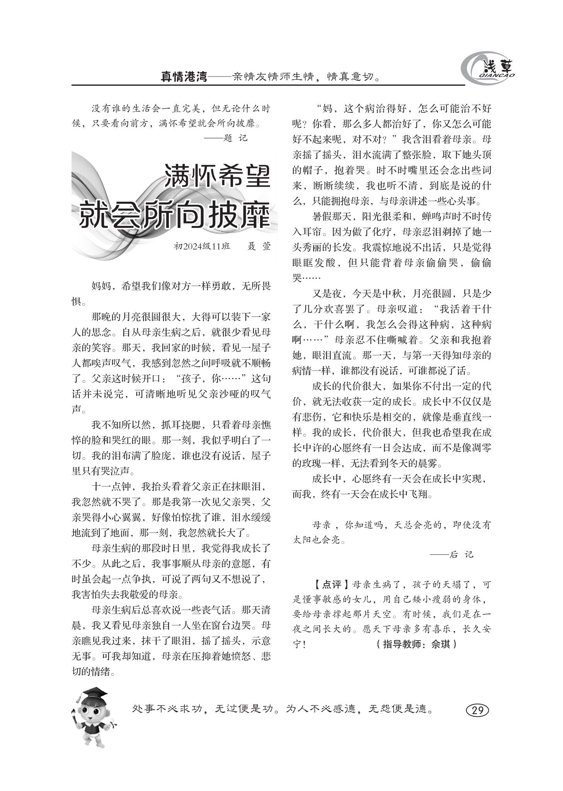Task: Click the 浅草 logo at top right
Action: pyautogui.click(x=489, y=69)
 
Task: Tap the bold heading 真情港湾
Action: pyautogui.click(x=184, y=77)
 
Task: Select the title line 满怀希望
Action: pyautogui.click(x=217, y=176)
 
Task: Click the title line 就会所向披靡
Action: pyautogui.click(x=174, y=214)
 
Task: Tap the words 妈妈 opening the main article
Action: pyautogui.click(x=101, y=286)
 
